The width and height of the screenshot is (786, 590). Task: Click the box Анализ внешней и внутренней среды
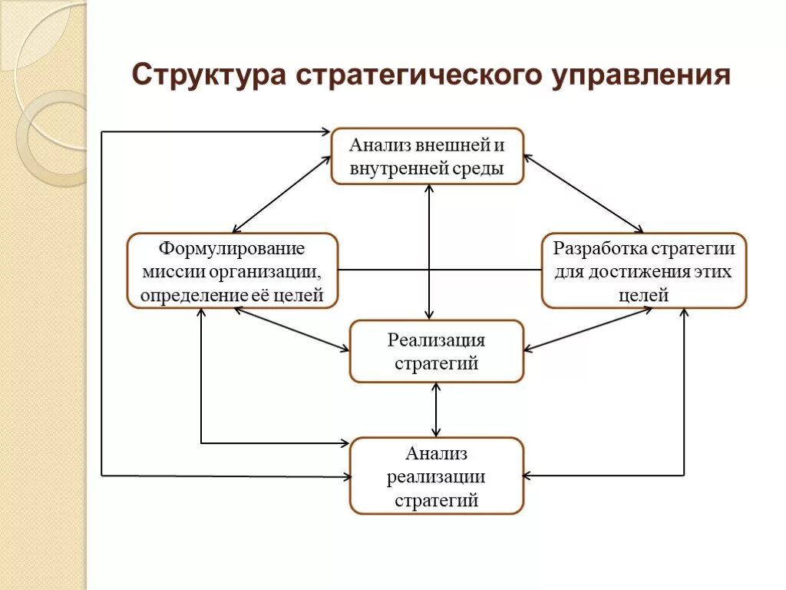click(428, 156)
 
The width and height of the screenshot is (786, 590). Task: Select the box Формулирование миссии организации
click(232, 271)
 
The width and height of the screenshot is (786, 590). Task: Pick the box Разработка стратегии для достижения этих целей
click(643, 271)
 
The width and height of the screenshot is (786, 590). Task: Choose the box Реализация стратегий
click(436, 351)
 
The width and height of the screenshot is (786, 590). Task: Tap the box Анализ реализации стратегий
click(436, 476)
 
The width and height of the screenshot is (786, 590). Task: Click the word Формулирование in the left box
click(232, 249)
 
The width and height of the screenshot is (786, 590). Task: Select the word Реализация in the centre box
click(436, 340)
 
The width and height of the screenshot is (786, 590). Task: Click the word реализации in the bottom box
click(436, 477)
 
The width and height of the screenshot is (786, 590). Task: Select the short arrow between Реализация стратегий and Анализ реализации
click(436, 409)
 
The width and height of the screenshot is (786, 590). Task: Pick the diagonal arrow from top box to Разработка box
click(583, 194)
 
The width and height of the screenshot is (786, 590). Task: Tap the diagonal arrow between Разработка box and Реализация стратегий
click(588, 330)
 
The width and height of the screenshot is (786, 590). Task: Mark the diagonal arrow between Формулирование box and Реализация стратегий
click(291, 330)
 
